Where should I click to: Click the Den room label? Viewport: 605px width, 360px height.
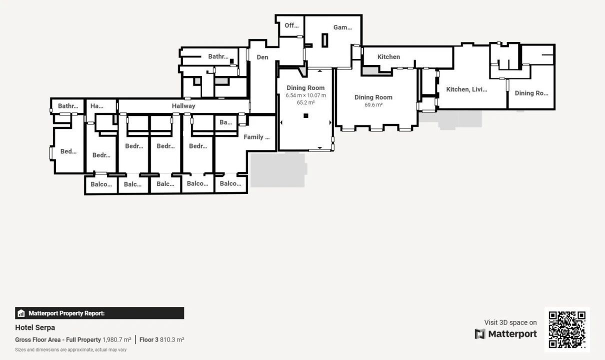click(x=262, y=57)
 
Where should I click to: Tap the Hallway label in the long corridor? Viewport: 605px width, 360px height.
click(x=183, y=106)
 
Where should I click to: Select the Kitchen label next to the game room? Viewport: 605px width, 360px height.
click(x=388, y=56)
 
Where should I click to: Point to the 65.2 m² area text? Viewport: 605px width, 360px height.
click(x=305, y=102)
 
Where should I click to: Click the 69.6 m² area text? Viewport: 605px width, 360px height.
click(x=373, y=105)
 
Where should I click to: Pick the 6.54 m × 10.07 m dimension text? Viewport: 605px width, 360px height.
click(x=305, y=95)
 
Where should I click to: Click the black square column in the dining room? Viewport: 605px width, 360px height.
click(x=305, y=115)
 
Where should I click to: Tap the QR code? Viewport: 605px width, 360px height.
click(x=567, y=329)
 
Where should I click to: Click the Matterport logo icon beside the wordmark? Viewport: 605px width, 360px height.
click(x=480, y=334)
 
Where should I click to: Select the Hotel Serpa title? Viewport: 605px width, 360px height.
click(x=35, y=327)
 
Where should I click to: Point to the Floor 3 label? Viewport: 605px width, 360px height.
click(x=149, y=339)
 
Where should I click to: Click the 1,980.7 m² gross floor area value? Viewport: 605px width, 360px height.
click(x=116, y=339)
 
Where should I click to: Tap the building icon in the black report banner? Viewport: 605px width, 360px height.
click(x=21, y=313)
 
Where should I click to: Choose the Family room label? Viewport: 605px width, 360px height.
click(x=256, y=137)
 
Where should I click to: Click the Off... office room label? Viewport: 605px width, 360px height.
click(x=291, y=25)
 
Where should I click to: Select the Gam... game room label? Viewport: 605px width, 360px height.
click(x=342, y=27)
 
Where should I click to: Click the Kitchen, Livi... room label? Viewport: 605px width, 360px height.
click(x=466, y=89)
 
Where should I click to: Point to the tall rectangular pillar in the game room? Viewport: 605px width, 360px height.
click(x=325, y=40)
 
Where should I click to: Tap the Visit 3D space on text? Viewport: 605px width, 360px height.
click(x=510, y=322)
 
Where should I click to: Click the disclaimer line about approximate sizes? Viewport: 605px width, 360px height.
click(x=71, y=349)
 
